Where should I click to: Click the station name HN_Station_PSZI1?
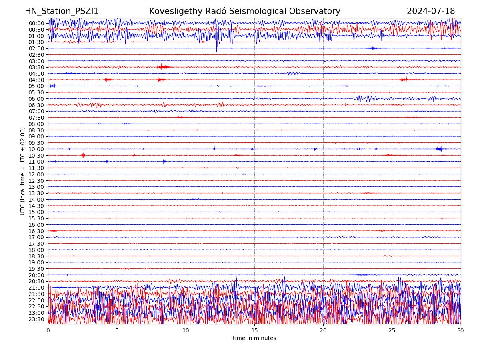tap(62, 11)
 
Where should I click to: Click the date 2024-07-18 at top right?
tap(430, 11)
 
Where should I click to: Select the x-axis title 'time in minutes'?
tap(254, 338)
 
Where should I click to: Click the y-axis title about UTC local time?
tap(23, 171)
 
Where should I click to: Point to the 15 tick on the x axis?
tap(254, 331)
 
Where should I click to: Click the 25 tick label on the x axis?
tap(392, 331)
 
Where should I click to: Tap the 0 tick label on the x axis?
tap(48, 331)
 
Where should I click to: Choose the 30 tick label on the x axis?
tap(461, 331)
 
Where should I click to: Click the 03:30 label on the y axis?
tap(36, 67)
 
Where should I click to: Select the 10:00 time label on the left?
tap(36, 149)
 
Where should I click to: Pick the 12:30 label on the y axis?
tap(36, 181)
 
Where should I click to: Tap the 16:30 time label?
tap(36, 231)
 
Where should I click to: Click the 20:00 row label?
tap(36, 275)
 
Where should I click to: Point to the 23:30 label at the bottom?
tap(36, 319)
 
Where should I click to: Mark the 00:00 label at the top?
tap(36, 23)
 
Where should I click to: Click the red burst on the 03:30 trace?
tap(163, 67)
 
